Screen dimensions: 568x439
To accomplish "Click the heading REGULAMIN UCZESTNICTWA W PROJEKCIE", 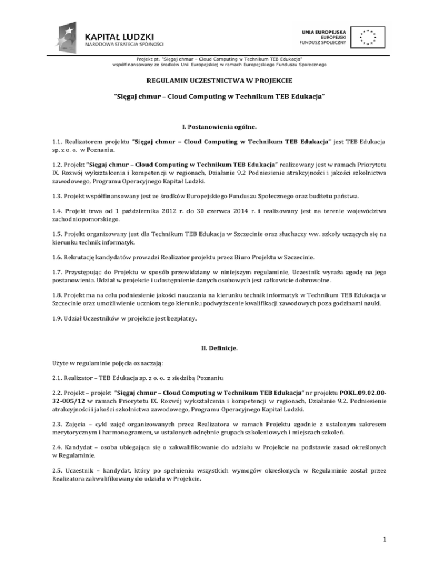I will (219, 81).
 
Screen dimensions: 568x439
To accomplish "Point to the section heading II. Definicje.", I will (219, 345).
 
